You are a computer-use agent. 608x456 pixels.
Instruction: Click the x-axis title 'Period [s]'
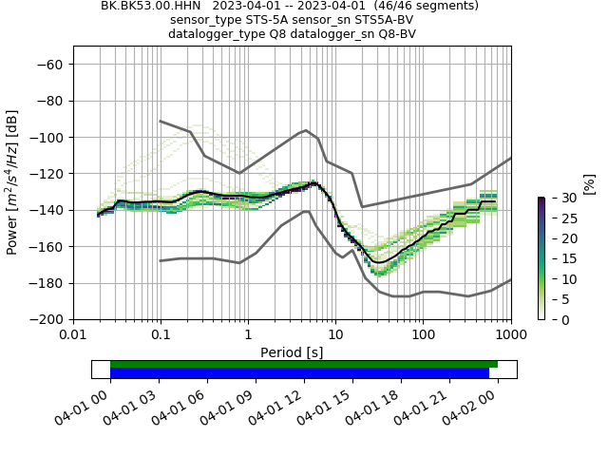click(292, 352)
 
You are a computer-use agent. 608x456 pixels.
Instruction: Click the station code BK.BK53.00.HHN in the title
click(152, 6)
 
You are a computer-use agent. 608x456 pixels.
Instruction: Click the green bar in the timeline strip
click(304, 364)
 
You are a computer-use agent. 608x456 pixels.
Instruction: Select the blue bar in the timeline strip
click(299, 373)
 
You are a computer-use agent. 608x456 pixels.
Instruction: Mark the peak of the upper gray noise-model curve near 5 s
click(305, 130)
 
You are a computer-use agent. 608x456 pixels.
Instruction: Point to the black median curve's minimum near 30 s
click(378, 261)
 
